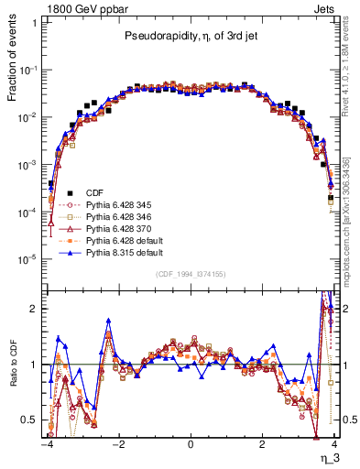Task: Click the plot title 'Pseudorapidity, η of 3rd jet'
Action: click(x=191, y=38)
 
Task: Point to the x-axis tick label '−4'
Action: click(x=46, y=446)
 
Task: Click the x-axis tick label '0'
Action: click(x=190, y=446)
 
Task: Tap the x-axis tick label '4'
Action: click(x=333, y=446)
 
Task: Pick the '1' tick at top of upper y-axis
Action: click(x=36, y=22)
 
